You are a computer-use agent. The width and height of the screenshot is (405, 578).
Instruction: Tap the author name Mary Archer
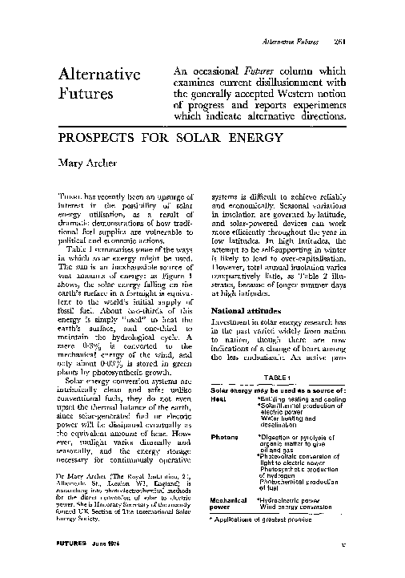click(86, 165)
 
